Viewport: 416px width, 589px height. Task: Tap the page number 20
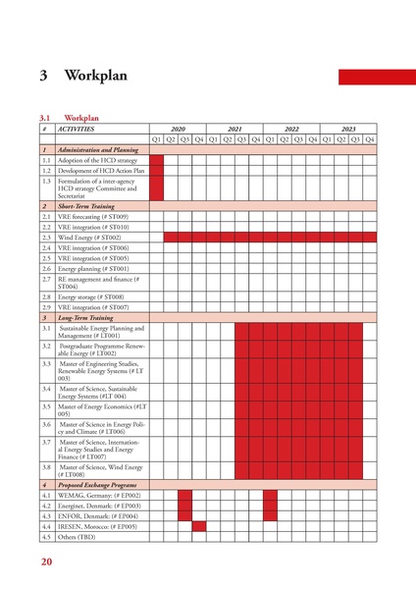coord(46,562)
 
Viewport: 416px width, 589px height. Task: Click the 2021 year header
coord(234,129)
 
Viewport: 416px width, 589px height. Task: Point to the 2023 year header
coord(348,129)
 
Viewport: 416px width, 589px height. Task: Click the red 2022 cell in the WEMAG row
coord(270,496)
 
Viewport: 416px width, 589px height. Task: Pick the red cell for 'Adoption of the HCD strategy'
coord(156,159)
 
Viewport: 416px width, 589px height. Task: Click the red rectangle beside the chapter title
coord(377,76)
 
